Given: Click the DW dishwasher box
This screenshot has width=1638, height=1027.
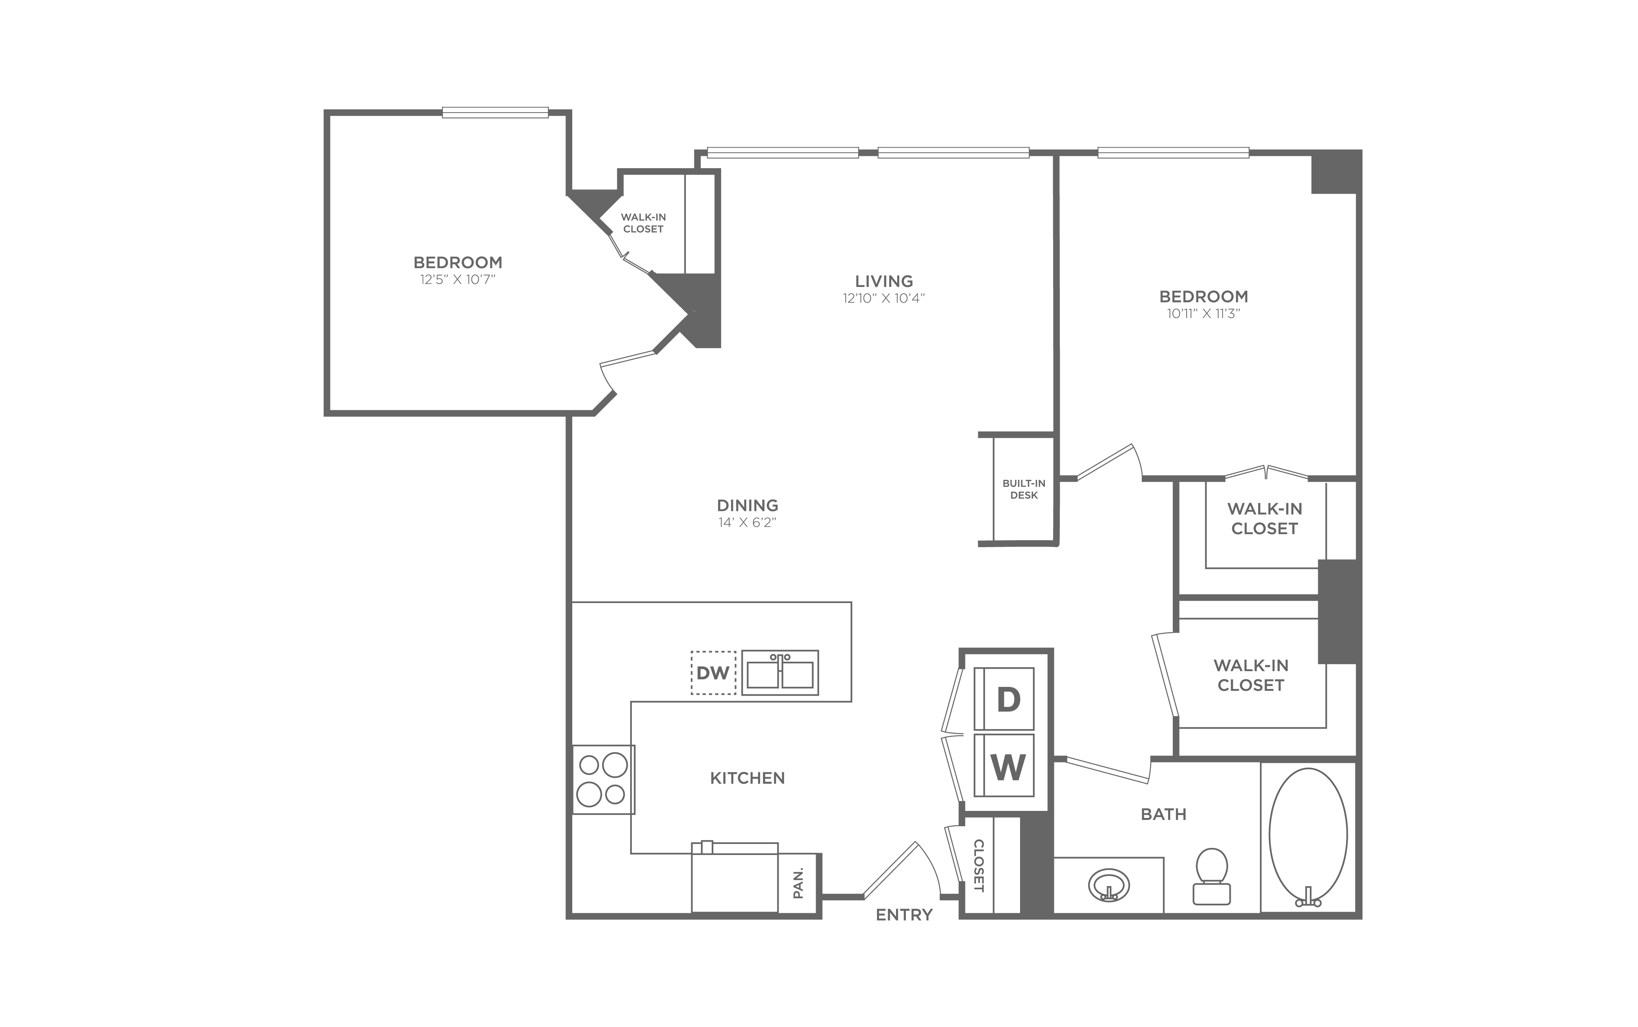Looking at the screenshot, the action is point(713,672).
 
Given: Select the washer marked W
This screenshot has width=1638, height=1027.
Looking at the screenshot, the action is point(1004,765).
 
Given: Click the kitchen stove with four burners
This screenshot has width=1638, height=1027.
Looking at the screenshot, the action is point(603,779).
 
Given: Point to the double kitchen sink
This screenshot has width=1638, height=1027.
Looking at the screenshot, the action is point(780,672).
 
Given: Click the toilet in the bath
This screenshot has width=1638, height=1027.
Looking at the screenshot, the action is point(1212,876).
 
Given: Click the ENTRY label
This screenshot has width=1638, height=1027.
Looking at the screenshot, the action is point(903,915).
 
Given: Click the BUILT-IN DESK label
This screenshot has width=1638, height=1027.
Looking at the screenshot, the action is point(1024,489).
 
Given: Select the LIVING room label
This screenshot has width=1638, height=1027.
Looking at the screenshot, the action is point(884,281).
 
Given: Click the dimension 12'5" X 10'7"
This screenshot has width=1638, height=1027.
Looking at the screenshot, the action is point(458,279).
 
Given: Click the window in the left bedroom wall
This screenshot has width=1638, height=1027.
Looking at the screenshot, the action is point(495,113).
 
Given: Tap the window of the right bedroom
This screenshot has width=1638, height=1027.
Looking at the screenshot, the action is point(1173,153).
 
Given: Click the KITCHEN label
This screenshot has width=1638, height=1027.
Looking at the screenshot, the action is point(748,778).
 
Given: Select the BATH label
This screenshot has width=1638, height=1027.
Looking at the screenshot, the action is point(1163,814).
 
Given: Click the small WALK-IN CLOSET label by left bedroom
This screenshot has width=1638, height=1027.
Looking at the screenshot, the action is point(643,223).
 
